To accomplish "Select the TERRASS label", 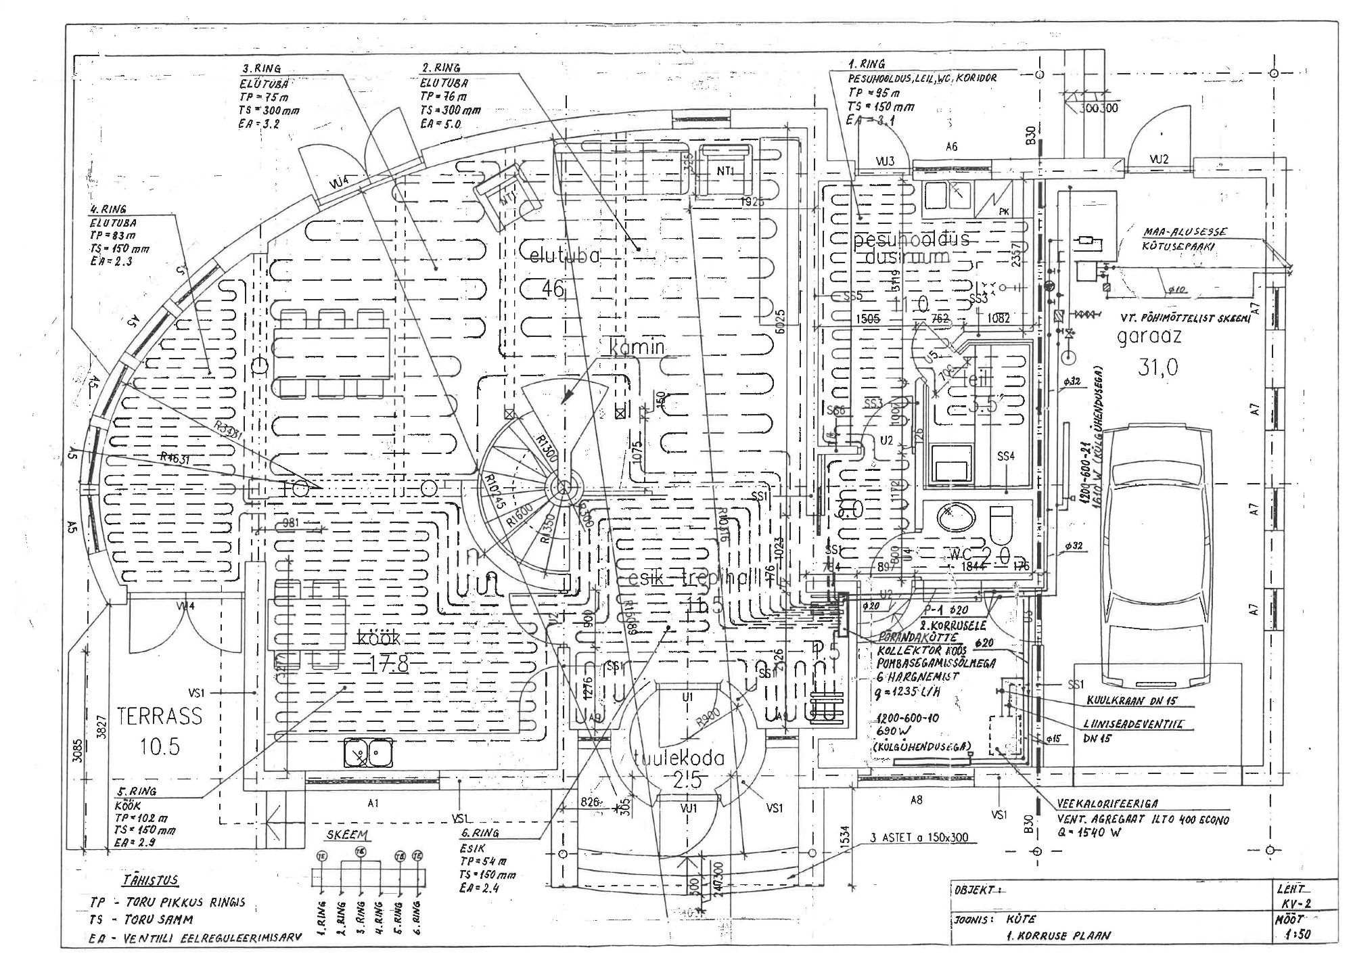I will point(160,716).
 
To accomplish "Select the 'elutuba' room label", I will point(566,256).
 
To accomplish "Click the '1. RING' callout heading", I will point(867,64).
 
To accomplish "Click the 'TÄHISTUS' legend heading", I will point(151,880).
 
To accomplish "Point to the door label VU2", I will point(1159,160).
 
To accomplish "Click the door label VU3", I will point(884,161).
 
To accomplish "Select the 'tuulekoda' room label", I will point(679,758).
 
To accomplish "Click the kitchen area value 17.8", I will point(389,664).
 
